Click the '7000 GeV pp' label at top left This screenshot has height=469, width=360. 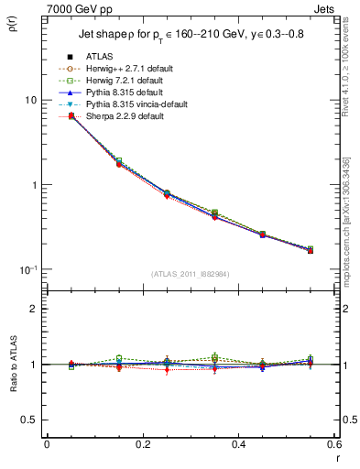(72, 7)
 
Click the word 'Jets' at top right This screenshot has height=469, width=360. (325, 7)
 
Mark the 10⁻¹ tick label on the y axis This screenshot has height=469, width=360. (30, 270)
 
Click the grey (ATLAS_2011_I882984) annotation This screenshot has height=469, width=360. (191, 274)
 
